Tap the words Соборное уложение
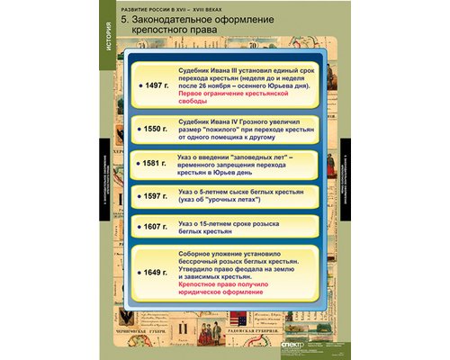[x=216, y=253]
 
